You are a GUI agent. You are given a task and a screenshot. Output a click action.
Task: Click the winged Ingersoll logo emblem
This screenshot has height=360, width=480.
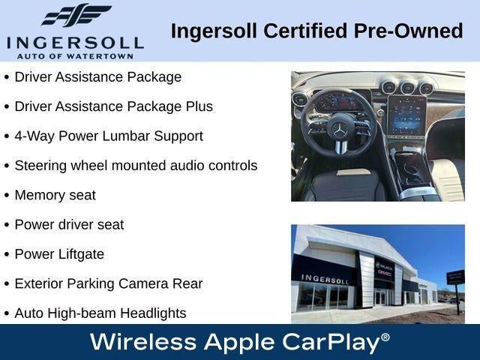click(x=76, y=15)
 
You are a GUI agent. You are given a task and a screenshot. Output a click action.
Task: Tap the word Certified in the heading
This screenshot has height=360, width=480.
click(x=305, y=31)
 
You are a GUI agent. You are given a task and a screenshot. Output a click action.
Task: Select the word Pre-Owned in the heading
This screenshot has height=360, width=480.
click(x=408, y=31)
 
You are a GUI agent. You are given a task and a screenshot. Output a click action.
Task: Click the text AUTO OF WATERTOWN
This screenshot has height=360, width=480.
click(x=75, y=56)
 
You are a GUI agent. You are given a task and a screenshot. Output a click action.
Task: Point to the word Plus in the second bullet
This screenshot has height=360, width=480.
click(x=199, y=106)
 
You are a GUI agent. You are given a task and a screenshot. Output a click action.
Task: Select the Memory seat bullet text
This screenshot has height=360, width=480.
click(x=55, y=195)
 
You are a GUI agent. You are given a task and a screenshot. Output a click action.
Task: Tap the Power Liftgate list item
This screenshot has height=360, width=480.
click(x=59, y=254)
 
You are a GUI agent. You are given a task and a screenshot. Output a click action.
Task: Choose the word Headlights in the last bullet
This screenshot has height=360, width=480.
click(x=153, y=313)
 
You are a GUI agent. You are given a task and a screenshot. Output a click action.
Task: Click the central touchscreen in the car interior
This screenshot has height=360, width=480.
click(x=406, y=115)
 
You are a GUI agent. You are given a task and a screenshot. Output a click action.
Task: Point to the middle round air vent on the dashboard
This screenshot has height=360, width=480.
click(x=407, y=88)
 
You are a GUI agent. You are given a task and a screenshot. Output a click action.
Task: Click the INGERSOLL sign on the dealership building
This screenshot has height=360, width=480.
click(x=325, y=279)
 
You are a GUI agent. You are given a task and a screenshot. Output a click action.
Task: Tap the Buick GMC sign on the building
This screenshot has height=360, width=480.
click(x=384, y=269)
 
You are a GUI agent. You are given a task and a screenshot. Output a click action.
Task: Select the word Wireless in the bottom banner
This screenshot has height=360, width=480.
click(x=143, y=342)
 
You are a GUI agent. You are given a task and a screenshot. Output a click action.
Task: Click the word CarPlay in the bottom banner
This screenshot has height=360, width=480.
click(x=331, y=343)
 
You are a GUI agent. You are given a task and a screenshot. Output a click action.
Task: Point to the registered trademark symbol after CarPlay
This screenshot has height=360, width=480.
click(x=385, y=337)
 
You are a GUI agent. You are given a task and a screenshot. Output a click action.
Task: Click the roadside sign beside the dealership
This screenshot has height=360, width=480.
click(x=455, y=277)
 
